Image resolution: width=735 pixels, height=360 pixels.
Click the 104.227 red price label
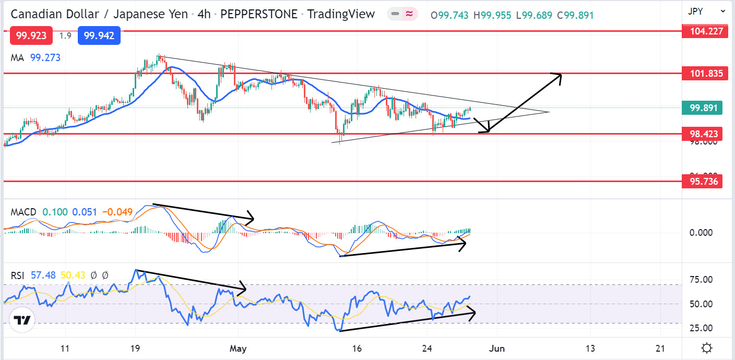703,31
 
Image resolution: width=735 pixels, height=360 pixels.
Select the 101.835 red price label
703,74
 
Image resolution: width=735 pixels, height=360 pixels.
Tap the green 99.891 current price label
703,108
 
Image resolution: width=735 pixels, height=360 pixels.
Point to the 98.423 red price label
703,134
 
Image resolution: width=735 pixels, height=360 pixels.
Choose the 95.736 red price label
703,182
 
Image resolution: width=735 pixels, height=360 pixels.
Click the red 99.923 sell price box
31,36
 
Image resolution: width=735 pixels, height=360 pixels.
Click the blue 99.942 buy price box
99,36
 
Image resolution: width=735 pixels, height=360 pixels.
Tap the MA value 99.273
45,58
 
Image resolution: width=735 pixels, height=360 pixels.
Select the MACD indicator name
23,212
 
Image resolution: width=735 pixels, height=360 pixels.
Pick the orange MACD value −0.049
118,212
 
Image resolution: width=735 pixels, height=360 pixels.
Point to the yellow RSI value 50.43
73,275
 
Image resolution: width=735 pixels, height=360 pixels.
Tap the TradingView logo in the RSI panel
22,320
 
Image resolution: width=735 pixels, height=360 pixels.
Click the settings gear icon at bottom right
707,348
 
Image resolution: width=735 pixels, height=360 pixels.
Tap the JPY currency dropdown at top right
707,10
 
